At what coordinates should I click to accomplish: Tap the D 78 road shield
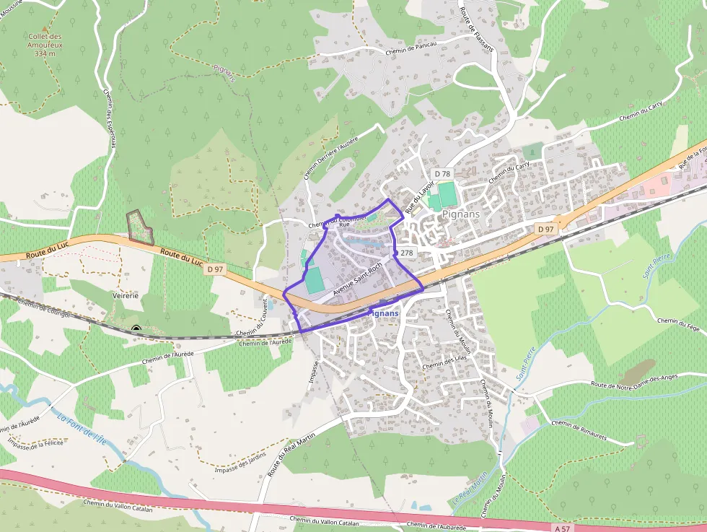click(x=442, y=174)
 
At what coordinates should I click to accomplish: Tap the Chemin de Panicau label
click(x=411, y=49)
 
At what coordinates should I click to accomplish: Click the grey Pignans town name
click(x=461, y=214)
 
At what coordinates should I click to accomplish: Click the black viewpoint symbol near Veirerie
click(x=136, y=330)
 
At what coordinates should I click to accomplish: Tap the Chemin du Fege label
click(x=679, y=324)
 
